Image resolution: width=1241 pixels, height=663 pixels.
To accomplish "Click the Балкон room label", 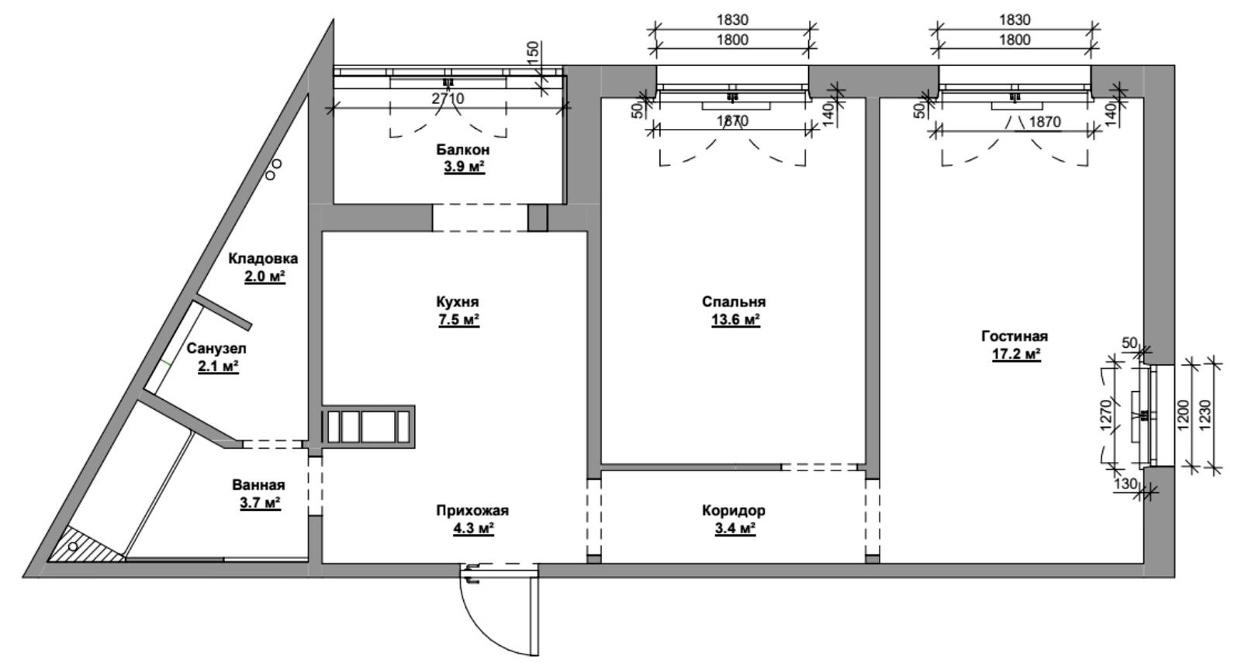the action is (x=462, y=150).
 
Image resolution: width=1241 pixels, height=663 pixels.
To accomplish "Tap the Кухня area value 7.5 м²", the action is (x=458, y=320).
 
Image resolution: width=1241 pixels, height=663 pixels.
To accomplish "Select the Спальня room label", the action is (x=734, y=302).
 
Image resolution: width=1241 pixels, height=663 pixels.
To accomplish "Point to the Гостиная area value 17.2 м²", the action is (x=1016, y=354).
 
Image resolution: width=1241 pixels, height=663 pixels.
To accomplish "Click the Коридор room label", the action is (x=734, y=510).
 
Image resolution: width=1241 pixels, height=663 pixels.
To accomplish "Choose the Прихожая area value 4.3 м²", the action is (x=473, y=528).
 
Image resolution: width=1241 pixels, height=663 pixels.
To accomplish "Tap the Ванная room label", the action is (x=258, y=485).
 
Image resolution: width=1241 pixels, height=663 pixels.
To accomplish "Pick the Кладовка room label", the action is (x=263, y=259).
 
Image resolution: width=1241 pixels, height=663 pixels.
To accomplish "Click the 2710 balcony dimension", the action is (x=448, y=99).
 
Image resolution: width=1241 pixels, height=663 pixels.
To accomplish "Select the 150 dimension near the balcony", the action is (x=533, y=53).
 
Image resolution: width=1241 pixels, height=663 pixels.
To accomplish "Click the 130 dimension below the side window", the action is (x=1125, y=484).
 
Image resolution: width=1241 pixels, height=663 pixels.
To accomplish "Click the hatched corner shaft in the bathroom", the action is (x=83, y=544).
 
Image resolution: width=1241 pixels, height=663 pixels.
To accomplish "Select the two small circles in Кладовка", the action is (x=273, y=169).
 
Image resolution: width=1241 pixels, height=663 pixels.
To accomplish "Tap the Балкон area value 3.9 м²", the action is (x=465, y=167).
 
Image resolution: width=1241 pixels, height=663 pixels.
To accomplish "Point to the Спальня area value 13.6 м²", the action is (x=735, y=320).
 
